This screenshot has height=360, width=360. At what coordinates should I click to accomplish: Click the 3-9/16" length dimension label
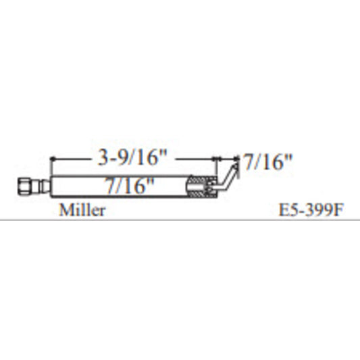point(132,159)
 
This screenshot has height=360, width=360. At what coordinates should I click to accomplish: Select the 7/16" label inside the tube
point(130,184)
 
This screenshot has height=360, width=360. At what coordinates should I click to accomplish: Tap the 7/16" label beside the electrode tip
point(268,163)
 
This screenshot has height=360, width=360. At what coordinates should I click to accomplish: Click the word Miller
point(82,210)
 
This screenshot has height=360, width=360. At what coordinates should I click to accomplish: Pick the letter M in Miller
point(65,210)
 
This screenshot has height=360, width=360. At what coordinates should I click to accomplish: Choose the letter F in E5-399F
point(338,210)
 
